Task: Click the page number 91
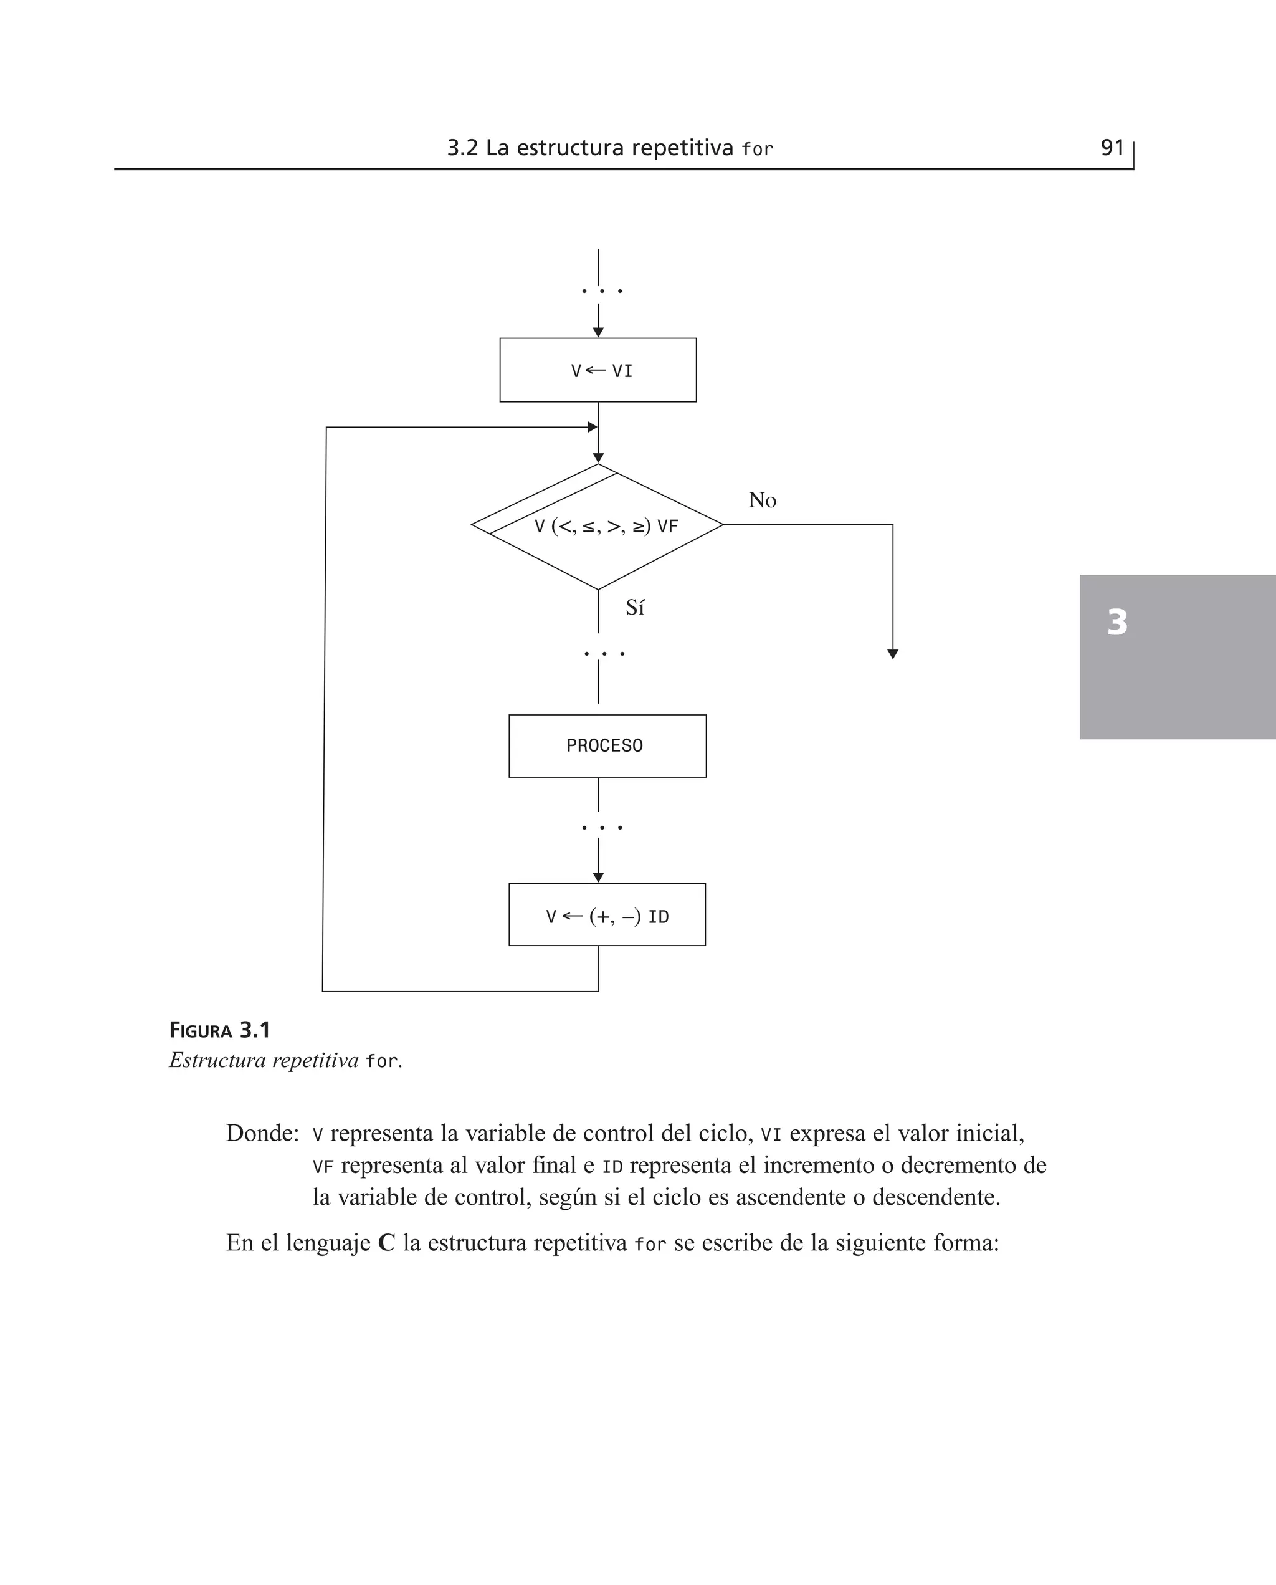pyautogui.click(x=1112, y=148)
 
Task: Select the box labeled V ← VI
pyautogui.click(x=598, y=370)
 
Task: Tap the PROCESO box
pyautogui.click(x=607, y=745)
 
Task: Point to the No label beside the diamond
pyautogui.click(x=762, y=500)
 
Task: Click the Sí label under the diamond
pyautogui.click(x=635, y=607)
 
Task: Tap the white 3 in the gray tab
pyautogui.click(x=1117, y=622)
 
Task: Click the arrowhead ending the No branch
pyautogui.click(x=893, y=654)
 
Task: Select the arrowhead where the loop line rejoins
pyautogui.click(x=592, y=427)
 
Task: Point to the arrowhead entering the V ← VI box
pyautogui.click(x=598, y=332)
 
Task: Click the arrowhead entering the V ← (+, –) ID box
pyautogui.click(x=598, y=877)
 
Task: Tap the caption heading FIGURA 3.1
pyautogui.click(x=220, y=1031)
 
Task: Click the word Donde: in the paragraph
pyautogui.click(x=262, y=1133)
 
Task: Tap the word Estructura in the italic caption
pyautogui.click(x=217, y=1060)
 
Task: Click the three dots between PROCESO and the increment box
pyautogui.click(x=601, y=828)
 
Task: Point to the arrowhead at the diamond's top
pyautogui.click(x=598, y=458)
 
